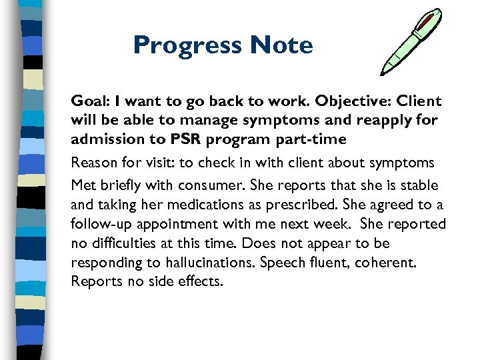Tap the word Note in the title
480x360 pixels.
[x=281, y=45]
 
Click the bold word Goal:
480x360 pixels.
[x=90, y=101]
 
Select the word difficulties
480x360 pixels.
[x=122, y=243]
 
